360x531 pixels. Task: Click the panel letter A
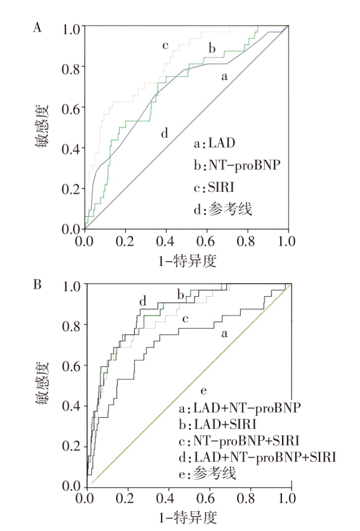tap(38, 27)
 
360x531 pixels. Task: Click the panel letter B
tap(38, 285)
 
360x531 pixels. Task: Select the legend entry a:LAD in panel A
tap(214, 143)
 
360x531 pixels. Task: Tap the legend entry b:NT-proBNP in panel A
tap(237, 165)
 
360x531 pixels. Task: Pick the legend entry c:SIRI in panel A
tap(214, 187)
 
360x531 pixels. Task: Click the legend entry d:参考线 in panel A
tap(223, 209)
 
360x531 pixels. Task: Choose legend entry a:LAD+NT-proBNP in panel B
tap(240, 407)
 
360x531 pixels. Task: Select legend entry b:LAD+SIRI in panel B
tap(217, 424)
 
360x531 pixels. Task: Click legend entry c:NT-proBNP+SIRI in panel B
tap(239, 441)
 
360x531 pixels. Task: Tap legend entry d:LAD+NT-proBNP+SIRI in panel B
tap(258, 457)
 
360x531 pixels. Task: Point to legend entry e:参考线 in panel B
tap(207, 473)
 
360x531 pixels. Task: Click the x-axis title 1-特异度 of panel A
tap(188, 261)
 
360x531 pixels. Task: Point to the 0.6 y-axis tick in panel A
tap(71, 109)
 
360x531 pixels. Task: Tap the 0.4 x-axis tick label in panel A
tap(165, 241)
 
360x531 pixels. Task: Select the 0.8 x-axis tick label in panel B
tap(246, 498)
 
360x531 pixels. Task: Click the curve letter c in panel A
tap(165, 45)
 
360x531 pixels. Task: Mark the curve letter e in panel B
tap(203, 391)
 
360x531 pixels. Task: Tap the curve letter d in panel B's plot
tap(143, 301)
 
